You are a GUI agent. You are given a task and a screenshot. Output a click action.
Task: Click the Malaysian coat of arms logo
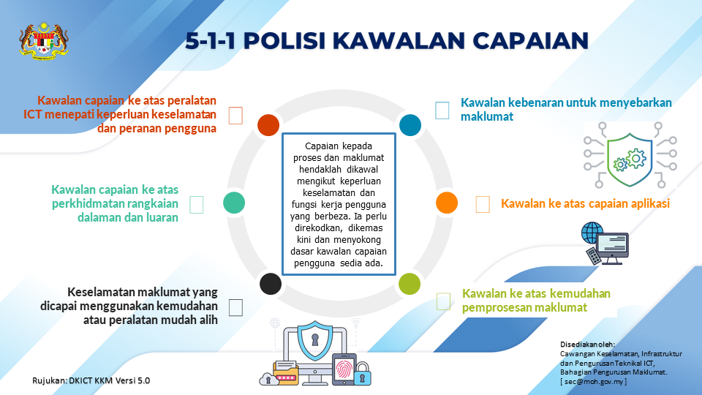[x=44, y=41]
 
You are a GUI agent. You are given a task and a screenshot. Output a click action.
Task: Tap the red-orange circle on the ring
[x=268, y=125]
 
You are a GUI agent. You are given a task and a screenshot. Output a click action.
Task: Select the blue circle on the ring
[x=409, y=125]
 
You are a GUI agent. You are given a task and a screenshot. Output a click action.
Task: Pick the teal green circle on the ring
[x=234, y=203]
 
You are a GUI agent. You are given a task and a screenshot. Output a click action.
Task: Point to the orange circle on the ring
[x=446, y=203]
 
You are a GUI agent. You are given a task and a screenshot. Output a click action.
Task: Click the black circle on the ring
[x=271, y=284]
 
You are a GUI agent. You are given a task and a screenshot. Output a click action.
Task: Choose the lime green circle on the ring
[x=409, y=284]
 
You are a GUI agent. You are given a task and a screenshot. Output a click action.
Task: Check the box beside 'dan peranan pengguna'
[x=235, y=116]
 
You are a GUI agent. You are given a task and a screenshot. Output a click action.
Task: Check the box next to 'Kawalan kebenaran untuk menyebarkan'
[x=442, y=110]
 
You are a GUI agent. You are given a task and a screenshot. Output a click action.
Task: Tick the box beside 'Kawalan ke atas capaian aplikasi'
[x=483, y=204]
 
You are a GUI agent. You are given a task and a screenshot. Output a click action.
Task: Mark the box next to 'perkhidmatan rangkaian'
[x=197, y=205]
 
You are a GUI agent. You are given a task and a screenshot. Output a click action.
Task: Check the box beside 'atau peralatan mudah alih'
[x=235, y=308]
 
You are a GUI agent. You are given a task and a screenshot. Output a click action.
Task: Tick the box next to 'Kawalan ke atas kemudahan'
[x=443, y=301]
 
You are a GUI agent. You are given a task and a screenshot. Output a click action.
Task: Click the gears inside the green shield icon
[x=630, y=160]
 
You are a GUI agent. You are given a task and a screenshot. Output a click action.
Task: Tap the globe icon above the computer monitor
[x=592, y=233]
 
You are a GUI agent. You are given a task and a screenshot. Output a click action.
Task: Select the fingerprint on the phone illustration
[x=344, y=370]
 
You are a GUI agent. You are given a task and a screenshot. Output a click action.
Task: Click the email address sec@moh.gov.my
[x=594, y=382]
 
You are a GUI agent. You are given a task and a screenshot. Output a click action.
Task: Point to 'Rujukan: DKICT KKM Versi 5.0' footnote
[x=91, y=380]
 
